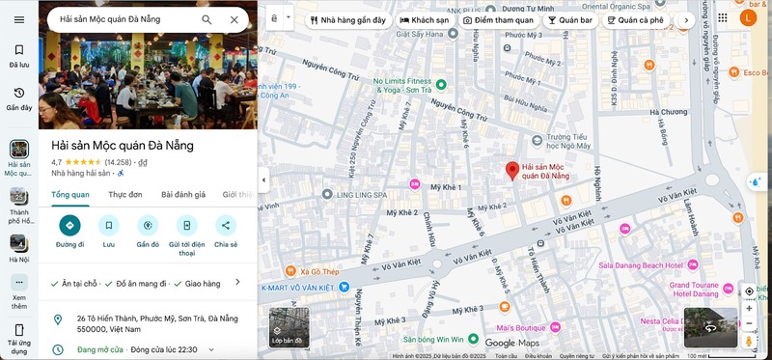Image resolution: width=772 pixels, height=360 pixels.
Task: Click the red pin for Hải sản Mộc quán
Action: tap(512, 170)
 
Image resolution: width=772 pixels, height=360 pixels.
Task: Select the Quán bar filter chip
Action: tap(569, 19)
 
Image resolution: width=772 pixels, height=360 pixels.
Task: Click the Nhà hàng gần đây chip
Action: tap(347, 19)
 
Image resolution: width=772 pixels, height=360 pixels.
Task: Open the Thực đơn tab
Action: tap(125, 194)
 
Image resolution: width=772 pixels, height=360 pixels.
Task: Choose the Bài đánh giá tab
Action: tap(183, 194)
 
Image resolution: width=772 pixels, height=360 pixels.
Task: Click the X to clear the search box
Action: tap(234, 19)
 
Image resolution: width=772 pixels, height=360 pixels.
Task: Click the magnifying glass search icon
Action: tap(207, 19)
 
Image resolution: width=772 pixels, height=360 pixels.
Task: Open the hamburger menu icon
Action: tap(19, 19)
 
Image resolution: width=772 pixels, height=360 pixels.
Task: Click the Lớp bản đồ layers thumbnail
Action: tap(289, 326)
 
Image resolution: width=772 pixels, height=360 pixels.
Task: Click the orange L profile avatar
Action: tap(748, 18)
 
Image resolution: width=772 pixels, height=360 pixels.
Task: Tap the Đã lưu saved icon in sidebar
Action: tap(19, 55)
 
